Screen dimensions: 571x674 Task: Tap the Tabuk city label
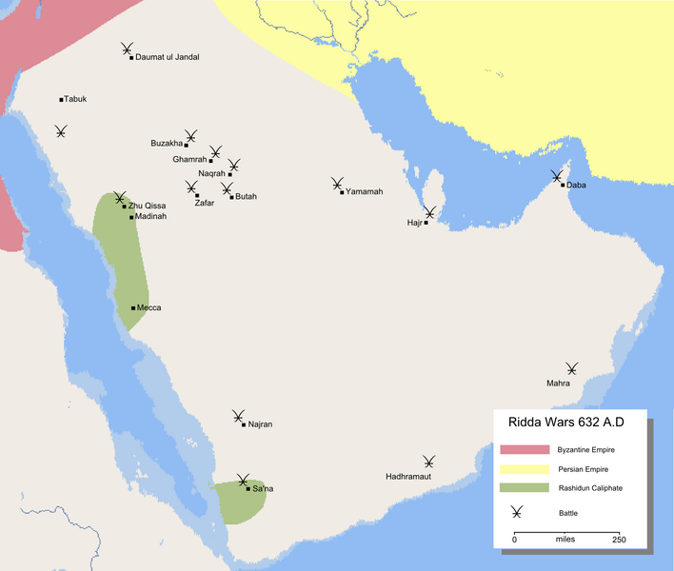75,99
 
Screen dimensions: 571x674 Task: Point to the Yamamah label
365,192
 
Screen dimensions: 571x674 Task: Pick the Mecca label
149,308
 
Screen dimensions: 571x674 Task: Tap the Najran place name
259,424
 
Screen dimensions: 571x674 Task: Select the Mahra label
558,384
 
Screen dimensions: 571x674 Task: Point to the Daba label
576,186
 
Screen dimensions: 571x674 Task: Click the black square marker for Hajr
426,223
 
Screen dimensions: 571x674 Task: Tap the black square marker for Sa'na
248,489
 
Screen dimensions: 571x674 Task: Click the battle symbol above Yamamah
337,183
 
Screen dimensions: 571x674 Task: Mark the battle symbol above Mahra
571,369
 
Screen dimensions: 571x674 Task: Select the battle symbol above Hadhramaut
430,462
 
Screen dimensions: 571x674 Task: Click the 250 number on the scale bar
619,540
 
